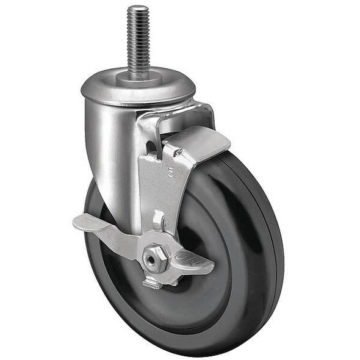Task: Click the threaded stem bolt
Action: [137, 40]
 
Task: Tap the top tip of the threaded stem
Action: [137, 7]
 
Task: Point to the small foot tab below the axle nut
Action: [153, 283]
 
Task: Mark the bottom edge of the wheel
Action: [183, 353]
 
